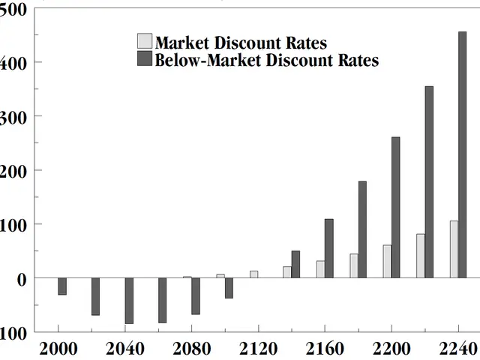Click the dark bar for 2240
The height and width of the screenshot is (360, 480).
pyautogui.click(x=462, y=154)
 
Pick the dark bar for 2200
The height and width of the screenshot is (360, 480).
pyautogui.click(x=395, y=208)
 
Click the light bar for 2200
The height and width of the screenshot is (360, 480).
pyautogui.click(x=387, y=261)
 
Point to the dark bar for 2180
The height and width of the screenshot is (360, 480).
pyautogui.click(x=362, y=229)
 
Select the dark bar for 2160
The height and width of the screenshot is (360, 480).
pyautogui.click(x=328, y=248)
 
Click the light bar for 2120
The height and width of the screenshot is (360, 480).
pyautogui.click(x=253, y=274)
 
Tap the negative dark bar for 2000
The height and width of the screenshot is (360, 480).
pyautogui.click(x=62, y=286)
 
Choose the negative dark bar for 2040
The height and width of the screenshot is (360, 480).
pyautogui.click(x=129, y=301)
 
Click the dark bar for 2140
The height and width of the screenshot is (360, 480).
pyautogui.click(x=295, y=264)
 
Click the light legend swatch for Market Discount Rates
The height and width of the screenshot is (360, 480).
pyautogui.click(x=145, y=41)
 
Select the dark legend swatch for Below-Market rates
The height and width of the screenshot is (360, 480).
pyautogui.click(x=145, y=59)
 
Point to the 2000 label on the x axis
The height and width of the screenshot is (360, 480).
pyautogui.click(x=58, y=349)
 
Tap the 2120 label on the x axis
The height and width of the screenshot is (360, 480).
pyautogui.click(x=257, y=349)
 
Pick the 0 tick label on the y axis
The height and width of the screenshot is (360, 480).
pyautogui.click(x=20, y=278)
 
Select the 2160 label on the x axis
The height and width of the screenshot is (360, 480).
pyautogui.click(x=324, y=349)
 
